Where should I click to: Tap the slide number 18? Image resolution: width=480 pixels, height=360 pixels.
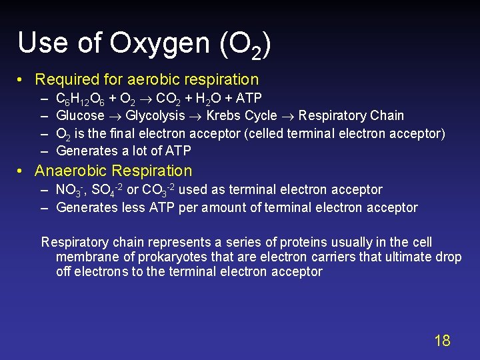[442, 341]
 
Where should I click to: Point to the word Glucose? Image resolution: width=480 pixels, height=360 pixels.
[80, 115]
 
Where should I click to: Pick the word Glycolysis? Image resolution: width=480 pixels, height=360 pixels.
[155, 115]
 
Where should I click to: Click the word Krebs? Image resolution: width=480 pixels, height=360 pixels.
[225, 115]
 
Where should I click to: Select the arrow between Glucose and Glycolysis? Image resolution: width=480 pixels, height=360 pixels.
[115, 116]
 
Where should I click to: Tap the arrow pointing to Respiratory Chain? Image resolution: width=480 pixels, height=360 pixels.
[288, 116]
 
